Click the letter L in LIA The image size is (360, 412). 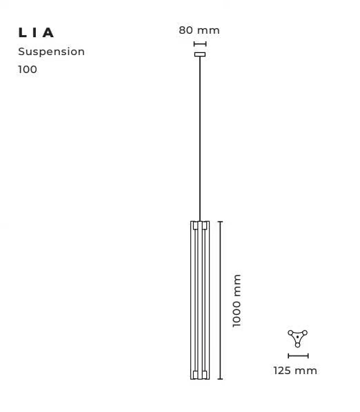pyautogui.click(x=21, y=33)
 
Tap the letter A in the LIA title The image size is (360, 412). pyautogui.click(x=48, y=33)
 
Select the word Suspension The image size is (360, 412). pyautogui.click(x=51, y=52)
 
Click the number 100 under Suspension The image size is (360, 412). pyautogui.click(x=28, y=70)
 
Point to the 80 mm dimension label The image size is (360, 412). pyautogui.click(x=199, y=30)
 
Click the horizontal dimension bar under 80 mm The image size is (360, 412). pyautogui.click(x=200, y=44)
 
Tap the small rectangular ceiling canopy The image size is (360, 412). pyautogui.click(x=200, y=54)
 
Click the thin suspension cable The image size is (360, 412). pyautogui.click(x=200, y=138)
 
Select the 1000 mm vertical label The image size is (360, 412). pyautogui.click(x=237, y=300)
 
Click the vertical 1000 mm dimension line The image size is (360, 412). pyautogui.click(x=221, y=300)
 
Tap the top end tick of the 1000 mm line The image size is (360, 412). pyautogui.click(x=221, y=222)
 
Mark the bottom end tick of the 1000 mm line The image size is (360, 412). pyautogui.click(x=221, y=379)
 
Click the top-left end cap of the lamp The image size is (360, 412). pyautogui.click(x=195, y=225)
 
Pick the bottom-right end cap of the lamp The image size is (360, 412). pyautogui.click(x=205, y=375)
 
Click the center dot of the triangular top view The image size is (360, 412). pyautogui.click(x=297, y=337)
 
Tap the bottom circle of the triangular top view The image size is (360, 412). pyautogui.click(x=297, y=344)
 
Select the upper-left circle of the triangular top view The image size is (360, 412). pyautogui.click(x=290, y=333)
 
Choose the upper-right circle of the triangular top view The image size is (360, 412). pyautogui.click(x=305, y=333)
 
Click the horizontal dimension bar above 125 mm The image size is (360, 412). pyautogui.click(x=298, y=356)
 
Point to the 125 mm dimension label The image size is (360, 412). pyautogui.click(x=295, y=371)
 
